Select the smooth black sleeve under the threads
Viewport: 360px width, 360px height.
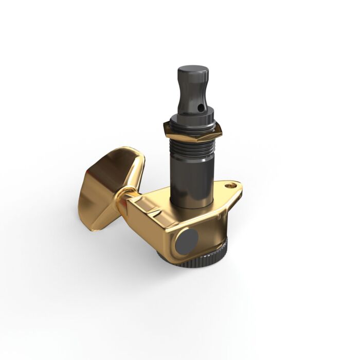(x=193, y=177)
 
